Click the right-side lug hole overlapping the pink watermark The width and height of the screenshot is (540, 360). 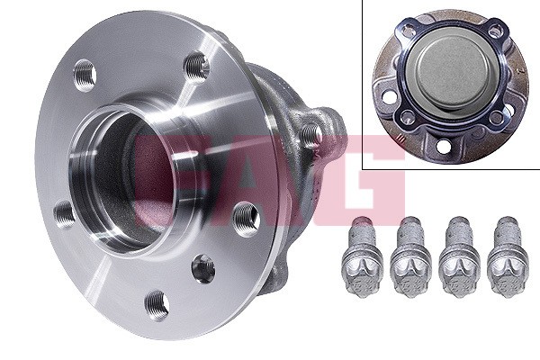click(245, 216)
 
